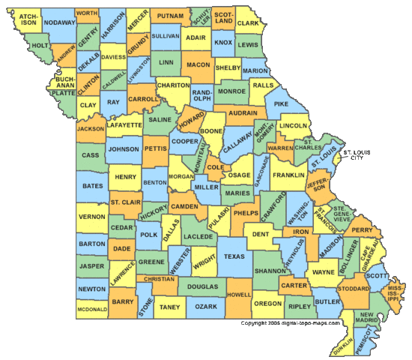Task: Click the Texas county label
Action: click(234, 256)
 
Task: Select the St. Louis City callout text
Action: click(357, 155)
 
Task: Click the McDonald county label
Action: click(91, 308)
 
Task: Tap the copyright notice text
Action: click(290, 323)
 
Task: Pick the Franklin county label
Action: click(288, 175)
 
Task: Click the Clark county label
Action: click(247, 23)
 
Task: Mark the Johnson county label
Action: click(124, 149)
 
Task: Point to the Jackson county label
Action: click(90, 128)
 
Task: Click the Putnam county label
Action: click(170, 16)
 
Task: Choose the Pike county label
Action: click(282, 103)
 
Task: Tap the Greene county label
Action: click(151, 262)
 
